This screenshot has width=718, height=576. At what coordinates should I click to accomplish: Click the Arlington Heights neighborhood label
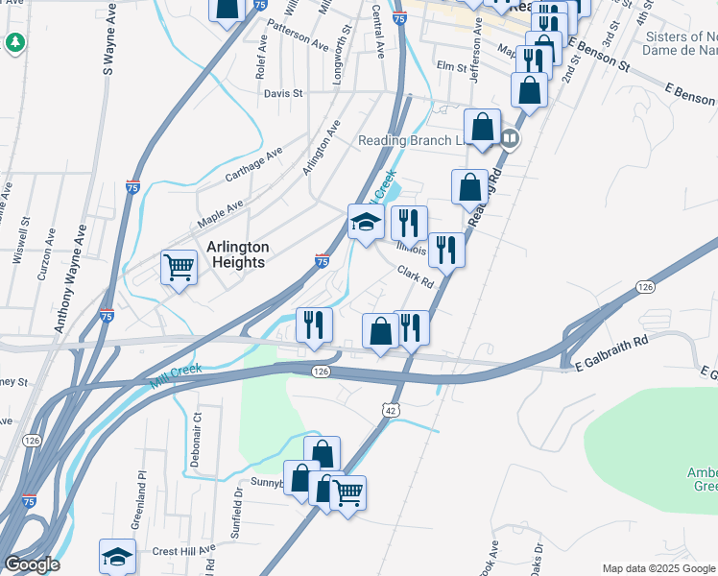coord(237,254)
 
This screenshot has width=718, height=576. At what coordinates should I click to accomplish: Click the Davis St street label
coord(283,94)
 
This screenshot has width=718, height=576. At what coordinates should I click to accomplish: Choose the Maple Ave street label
coord(221,214)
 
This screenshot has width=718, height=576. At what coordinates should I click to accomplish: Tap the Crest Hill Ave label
coord(181,552)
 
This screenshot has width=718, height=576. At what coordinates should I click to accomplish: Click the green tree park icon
coord(14,42)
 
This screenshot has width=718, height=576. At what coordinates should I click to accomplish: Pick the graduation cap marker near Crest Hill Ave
coord(117,556)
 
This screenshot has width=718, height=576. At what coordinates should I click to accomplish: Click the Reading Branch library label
coord(410,140)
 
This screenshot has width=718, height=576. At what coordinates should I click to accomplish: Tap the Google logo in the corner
coord(32,564)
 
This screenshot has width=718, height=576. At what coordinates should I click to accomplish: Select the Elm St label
coord(450,67)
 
